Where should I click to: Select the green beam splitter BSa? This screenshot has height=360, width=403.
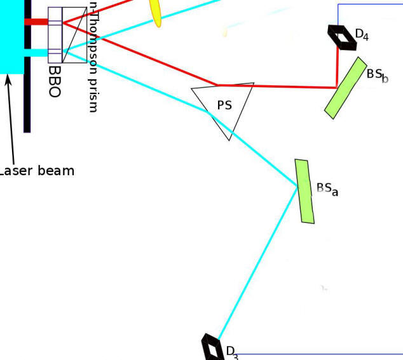tap(304, 191)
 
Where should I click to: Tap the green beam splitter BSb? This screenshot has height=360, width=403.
tap(345, 88)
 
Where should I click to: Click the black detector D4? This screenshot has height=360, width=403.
tap(342, 37)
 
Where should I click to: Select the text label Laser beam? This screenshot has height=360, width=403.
tap(36, 171)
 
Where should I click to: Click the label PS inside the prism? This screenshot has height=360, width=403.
tap(224, 105)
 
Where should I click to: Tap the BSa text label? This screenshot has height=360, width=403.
tap(327, 189)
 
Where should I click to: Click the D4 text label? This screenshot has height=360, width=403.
tap(362, 35)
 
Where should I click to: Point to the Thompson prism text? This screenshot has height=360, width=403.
tap(93, 57)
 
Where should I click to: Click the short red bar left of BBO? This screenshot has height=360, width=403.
tap(36, 22)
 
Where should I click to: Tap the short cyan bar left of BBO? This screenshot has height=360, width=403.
tap(36, 53)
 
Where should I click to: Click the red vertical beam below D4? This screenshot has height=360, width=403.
tap(337, 67)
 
